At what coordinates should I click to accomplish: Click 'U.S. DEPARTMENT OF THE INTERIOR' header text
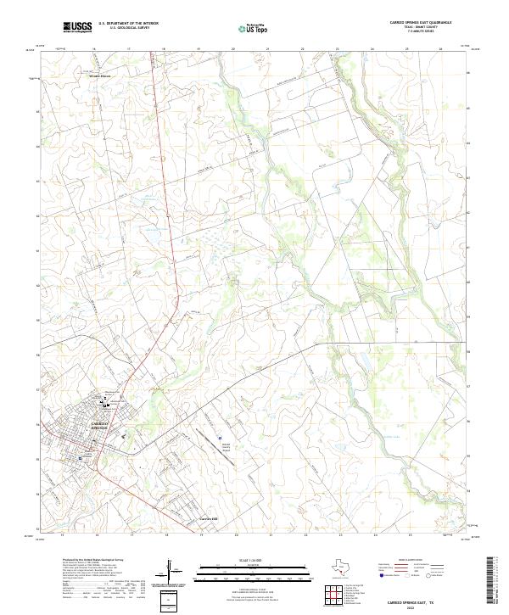[128, 24]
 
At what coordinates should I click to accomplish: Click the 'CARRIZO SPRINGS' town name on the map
[100, 424]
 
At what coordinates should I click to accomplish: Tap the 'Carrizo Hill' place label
[210, 518]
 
